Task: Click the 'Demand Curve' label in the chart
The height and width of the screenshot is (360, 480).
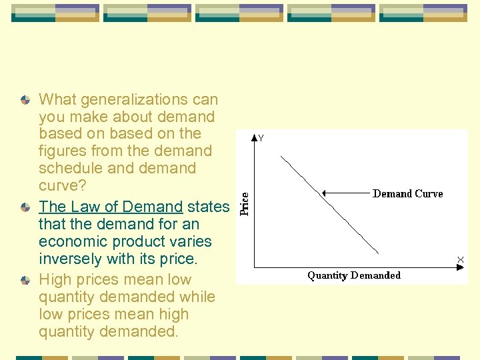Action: click(x=407, y=193)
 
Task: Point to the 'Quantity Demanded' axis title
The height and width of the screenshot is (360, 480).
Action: click(x=354, y=275)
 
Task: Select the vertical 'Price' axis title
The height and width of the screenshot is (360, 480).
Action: click(x=245, y=204)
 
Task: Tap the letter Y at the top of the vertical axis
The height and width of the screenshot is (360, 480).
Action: click(x=261, y=139)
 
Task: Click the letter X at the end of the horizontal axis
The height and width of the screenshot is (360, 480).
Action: click(x=460, y=259)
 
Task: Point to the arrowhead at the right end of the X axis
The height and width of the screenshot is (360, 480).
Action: click(x=459, y=267)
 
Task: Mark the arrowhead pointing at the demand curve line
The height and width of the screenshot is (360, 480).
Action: click(x=324, y=193)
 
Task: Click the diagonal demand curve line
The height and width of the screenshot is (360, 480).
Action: click(x=330, y=205)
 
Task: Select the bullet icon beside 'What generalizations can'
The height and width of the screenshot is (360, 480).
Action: click(x=25, y=99)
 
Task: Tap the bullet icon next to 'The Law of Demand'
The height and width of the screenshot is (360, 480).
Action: click(x=25, y=207)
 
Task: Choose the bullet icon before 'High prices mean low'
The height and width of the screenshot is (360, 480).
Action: click(x=25, y=280)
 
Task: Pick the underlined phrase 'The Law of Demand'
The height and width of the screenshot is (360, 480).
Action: click(x=111, y=207)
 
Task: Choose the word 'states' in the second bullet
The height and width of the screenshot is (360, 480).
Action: click(x=208, y=207)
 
